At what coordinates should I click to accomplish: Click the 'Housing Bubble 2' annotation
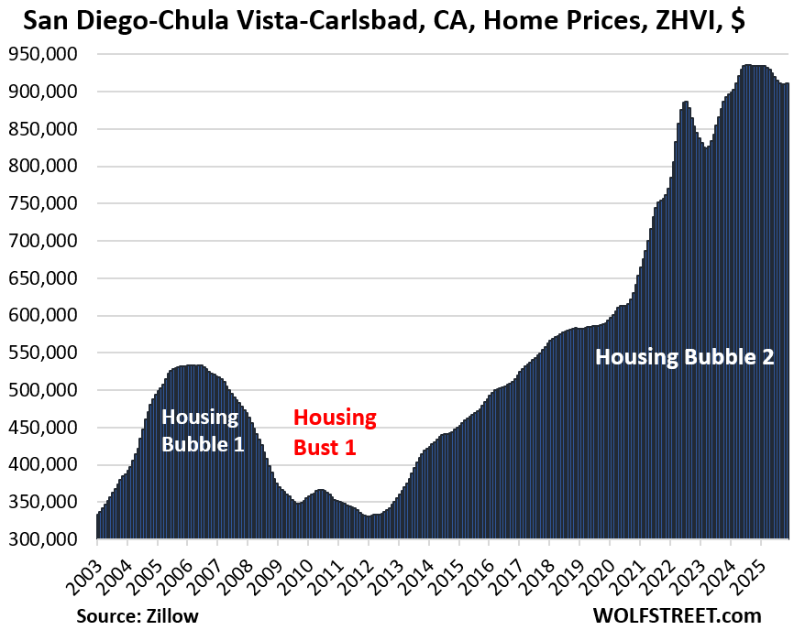pyautogui.click(x=685, y=357)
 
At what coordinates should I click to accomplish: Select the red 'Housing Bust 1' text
pyautogui.click(x=335, y=432)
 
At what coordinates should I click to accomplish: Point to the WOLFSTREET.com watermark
pyautogui.click(x=689, y=614)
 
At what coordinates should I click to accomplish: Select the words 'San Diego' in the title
pyautogui.click(x=72, y=21)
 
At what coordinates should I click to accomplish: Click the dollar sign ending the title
pyautogui.click(x=736, y=21)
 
